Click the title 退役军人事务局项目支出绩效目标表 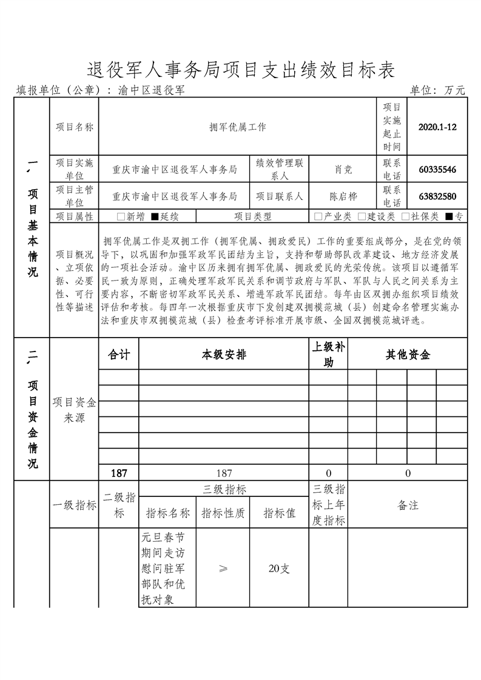point(240,70)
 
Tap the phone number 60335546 point(437,170)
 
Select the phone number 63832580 point(437,196)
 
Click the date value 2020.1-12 point(437,127)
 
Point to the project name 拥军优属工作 point(237,127)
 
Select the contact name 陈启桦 point(343,196)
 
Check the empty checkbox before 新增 point(121,216)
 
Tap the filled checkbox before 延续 point(155,216)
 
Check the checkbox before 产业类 point(318,216)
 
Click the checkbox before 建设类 point(362,216)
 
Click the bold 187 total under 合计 point(119,473)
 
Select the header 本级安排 point(224,355)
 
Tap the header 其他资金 point(408,355)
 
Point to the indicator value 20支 point(279,568)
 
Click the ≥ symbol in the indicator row point(223,568)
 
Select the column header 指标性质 point(223,513)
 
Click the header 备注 point(408,505)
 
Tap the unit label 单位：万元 point(437,90)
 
